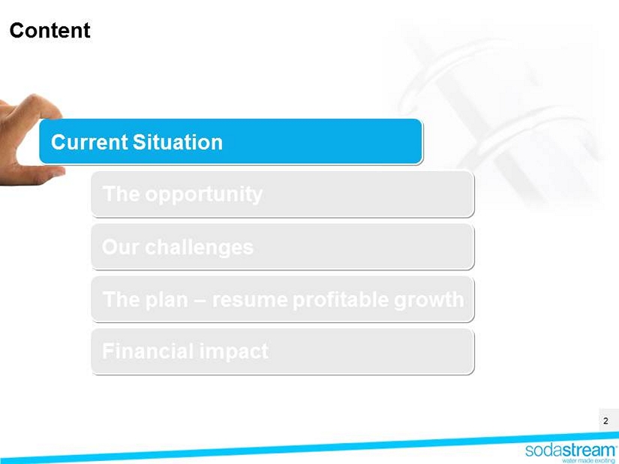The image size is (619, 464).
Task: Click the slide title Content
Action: [x=50, y=30]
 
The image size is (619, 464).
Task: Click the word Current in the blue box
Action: [x=89, y=142]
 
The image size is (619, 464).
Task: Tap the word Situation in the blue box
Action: [x=178, y=142]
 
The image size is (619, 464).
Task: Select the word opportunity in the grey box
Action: [x=203, y=194]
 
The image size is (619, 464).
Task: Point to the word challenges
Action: [x=199, y=248]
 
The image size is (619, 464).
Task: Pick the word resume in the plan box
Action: [x=250, y=300]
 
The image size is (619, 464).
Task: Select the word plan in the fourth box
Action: [x=167, y=300]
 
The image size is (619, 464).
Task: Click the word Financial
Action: [x=148, y=351]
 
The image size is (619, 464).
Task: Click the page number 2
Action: [x=605, y=421]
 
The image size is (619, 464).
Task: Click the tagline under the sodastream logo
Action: [x=588, y=460]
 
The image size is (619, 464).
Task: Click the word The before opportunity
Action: [x=122, y=194]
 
